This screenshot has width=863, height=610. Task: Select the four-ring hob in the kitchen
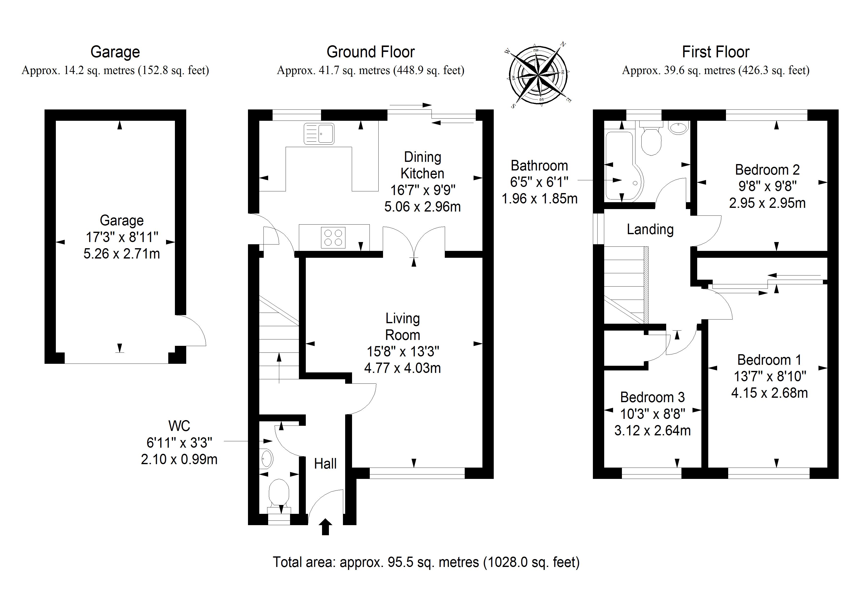pyautogui.click(x=333, y=238)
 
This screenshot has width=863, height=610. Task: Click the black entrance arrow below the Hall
pyautogui.click(x=325, y=527)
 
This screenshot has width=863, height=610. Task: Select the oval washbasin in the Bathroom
pyautogui.click(x=678, y=128)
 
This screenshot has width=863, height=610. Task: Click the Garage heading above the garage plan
pyautogui.click(x=115, y=52)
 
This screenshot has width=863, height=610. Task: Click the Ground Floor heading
pyautogui.click(x=370, y=52)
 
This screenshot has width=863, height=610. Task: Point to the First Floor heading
pyautogui.click(x=715, y=52)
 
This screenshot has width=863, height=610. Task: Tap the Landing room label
pyautogui.click(x=650, y=229)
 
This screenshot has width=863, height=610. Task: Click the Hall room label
pyautogui.click(x=325, y=464)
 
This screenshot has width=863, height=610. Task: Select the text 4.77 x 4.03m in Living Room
pyautogui.click(x=402, y=368)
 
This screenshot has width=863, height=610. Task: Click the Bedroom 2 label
pyautogui.click(x=767, y=170)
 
